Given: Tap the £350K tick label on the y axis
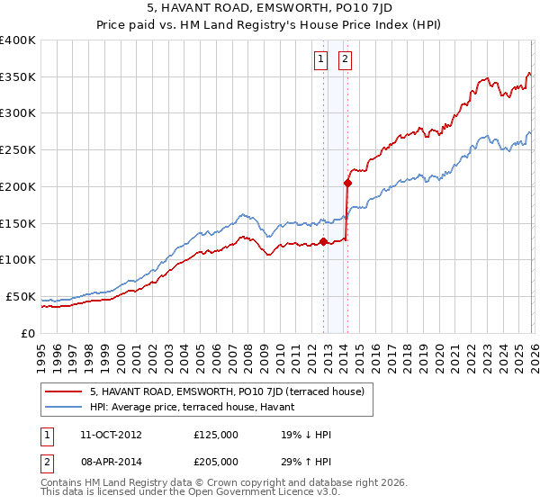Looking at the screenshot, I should coord(18,77).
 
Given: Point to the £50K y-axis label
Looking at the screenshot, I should coord(21,296).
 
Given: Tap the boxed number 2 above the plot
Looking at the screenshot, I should coord(345,60).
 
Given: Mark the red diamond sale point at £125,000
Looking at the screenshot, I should coord(323,241).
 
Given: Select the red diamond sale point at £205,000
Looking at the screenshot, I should coord(346,183).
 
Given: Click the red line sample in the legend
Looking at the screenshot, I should coord(64,391).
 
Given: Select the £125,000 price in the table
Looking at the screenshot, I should coord(215,435).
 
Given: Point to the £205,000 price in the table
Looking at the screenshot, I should coord(215,461).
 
